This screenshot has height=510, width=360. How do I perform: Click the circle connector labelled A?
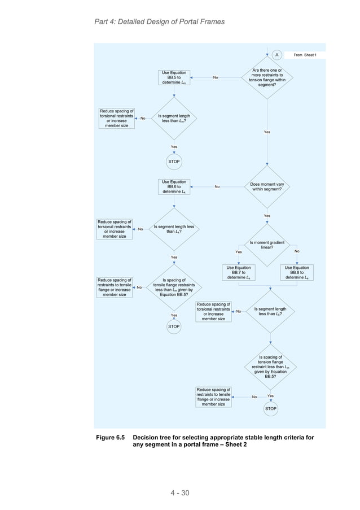coord(276,55)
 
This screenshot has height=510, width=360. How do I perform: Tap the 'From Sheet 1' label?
coord(305,55)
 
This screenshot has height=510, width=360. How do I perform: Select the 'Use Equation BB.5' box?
coord(174,77)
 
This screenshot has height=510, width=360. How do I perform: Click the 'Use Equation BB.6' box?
coord(174,187)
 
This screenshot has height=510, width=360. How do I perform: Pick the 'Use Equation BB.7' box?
coord(239,273)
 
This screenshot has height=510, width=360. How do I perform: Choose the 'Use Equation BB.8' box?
coord(297,273)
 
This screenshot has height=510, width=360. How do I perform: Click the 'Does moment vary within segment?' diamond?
coord(267,186)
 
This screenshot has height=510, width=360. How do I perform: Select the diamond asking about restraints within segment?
coord(267,77)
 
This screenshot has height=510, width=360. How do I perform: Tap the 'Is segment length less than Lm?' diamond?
coord(174,119)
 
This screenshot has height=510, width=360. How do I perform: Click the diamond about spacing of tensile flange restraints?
coord(174,287)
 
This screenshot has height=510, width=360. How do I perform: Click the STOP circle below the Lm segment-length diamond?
coord(174,162)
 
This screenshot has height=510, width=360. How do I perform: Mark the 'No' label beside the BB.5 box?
coord(216,77)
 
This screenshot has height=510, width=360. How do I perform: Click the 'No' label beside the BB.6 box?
coord(217,187)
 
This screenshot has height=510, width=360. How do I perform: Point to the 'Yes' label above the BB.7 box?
coord(239,252)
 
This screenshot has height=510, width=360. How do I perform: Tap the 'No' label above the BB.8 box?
coord(297,251)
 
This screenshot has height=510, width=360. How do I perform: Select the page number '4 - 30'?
coord(180,493)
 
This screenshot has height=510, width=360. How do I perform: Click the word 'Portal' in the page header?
coord(189,21)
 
